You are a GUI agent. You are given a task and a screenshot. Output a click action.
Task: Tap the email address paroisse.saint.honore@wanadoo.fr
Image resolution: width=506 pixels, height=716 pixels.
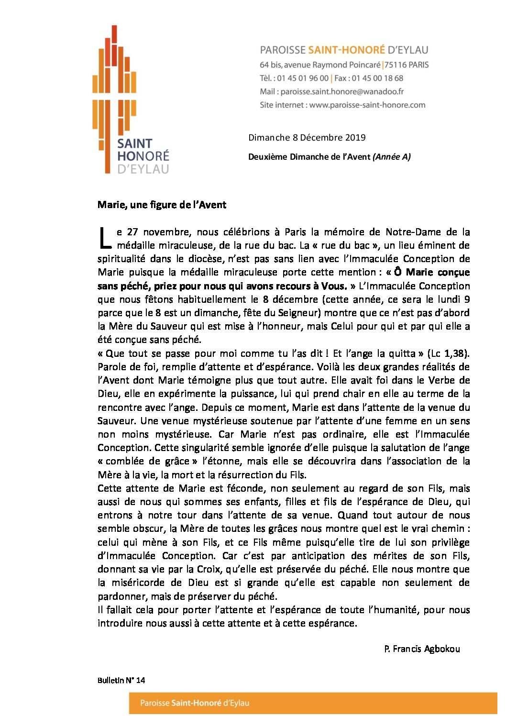coord(342,91)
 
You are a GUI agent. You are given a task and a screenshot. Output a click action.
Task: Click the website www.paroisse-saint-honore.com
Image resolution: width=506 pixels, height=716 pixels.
coord(367,105)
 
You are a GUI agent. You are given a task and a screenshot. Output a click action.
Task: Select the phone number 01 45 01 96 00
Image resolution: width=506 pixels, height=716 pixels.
coord(303,78)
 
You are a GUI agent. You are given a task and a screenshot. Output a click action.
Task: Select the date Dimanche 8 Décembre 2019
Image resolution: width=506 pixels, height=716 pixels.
coord(307,138)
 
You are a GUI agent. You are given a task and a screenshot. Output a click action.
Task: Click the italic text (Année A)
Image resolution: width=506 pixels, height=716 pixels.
coord(391,157)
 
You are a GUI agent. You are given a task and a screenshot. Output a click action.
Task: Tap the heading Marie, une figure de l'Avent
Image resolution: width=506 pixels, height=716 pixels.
coord(162,205)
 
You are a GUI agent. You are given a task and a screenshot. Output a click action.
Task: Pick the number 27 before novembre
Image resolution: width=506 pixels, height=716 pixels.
coord(132,232)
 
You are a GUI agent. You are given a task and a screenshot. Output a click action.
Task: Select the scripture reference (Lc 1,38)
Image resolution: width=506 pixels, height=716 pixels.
coord(448,353)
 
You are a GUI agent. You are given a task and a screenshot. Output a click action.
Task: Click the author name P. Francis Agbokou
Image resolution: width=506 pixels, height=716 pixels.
coord(421,649)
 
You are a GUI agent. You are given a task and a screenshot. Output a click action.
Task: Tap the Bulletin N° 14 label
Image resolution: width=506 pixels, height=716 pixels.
coord(121,680)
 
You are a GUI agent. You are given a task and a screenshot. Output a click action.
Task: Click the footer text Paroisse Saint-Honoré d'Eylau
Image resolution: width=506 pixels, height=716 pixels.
coord(194,703)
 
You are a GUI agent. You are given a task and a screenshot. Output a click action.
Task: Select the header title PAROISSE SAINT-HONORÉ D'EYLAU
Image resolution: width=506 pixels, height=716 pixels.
coord(344,50)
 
